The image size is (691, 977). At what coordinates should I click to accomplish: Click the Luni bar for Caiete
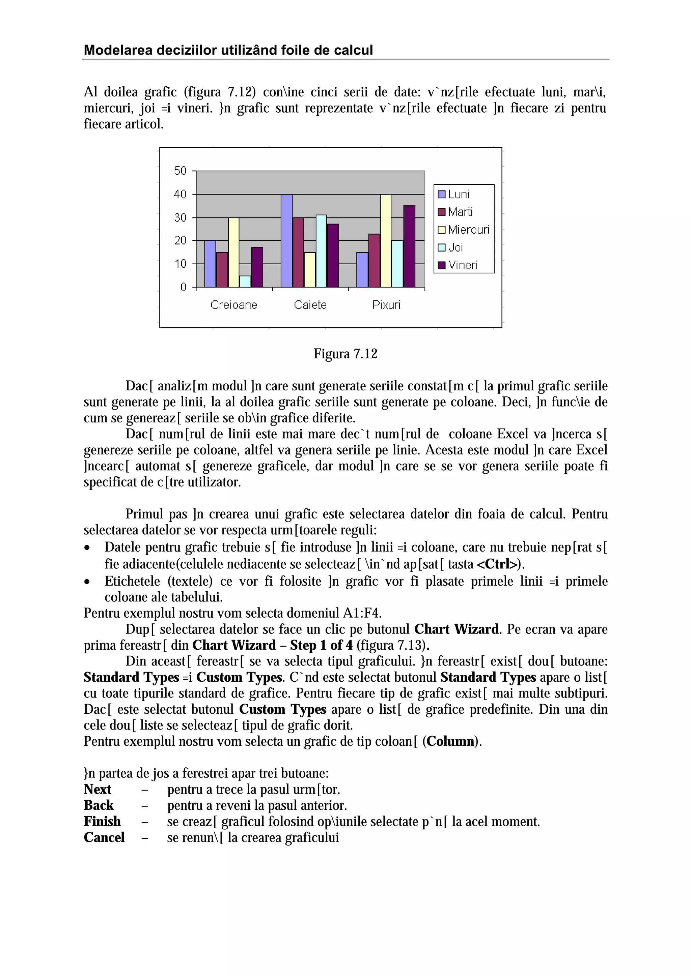(286, 241)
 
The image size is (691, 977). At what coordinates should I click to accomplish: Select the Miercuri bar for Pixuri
(386, 241)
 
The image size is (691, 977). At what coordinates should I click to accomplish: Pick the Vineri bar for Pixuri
(409, 246)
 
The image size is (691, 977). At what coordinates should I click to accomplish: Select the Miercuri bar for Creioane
(233, 252)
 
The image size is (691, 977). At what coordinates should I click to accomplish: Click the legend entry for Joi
(455, 247)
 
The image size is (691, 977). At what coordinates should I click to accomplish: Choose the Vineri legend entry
(462, 265)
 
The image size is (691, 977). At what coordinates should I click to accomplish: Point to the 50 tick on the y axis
(181, 171)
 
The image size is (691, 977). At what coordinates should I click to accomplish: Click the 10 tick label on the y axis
(181, 264)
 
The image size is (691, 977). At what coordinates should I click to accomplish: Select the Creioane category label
(234, 305)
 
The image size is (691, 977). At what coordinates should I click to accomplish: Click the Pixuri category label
(386, 305)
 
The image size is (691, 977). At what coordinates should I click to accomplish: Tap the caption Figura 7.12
(345, 354)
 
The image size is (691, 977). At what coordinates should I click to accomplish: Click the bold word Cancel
(104, 837)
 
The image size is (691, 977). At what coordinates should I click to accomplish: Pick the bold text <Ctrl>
(497, 564)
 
